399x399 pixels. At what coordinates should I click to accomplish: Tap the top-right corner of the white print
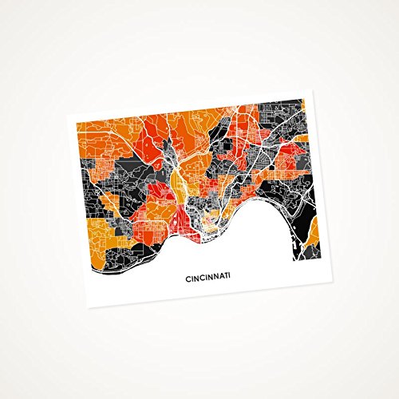click(x=314, y=89)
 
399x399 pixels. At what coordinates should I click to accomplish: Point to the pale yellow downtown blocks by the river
click(x=209, y=218)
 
